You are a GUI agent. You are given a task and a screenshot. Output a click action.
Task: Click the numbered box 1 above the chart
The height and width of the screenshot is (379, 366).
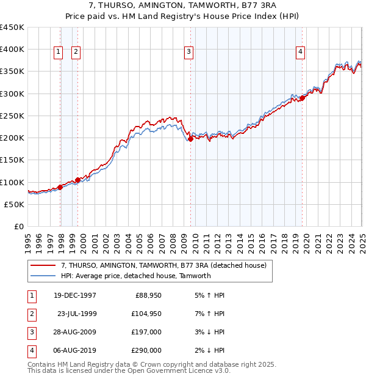(58, 53)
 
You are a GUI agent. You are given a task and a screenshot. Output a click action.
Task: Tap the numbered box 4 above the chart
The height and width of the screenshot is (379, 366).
(301, 53)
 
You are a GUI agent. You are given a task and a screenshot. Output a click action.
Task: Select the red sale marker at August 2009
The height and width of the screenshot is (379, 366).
(190, 139)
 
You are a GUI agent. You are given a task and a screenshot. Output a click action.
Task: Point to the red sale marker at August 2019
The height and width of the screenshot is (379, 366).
(302, 98)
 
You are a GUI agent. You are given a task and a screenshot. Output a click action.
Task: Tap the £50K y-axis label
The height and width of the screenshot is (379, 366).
(16, 204)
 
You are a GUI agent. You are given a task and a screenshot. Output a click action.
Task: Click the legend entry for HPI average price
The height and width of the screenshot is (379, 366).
(135, 276)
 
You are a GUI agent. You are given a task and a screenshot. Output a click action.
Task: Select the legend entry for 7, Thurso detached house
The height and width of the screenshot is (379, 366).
(163, 266)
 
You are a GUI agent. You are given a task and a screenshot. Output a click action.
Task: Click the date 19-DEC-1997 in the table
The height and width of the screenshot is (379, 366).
(74, 295)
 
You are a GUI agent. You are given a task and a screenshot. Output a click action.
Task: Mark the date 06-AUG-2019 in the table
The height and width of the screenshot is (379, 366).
(74, 350)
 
